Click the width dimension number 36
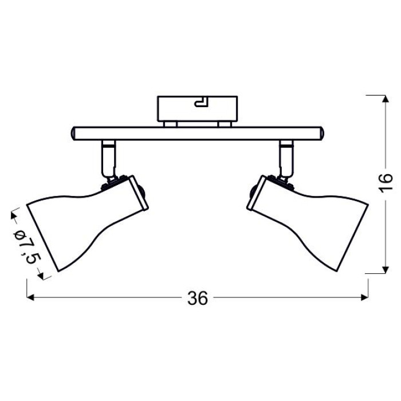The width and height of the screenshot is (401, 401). click(x=198, y=298)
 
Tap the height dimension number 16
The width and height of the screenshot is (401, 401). click(x=386, y=182)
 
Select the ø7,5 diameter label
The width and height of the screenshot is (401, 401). click(x=27, y=245)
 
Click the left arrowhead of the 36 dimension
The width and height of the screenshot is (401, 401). click(x=30, y=297)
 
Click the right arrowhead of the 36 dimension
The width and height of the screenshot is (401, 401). click(x=365, y=297)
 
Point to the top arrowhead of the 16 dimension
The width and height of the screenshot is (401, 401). click(x=386, y=99)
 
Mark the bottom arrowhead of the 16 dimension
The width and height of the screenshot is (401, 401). click(x=386, y=270)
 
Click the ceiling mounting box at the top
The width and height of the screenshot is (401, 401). click(x=198, y=108)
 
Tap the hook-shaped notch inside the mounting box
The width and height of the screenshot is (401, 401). click(x=202, y=101)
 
